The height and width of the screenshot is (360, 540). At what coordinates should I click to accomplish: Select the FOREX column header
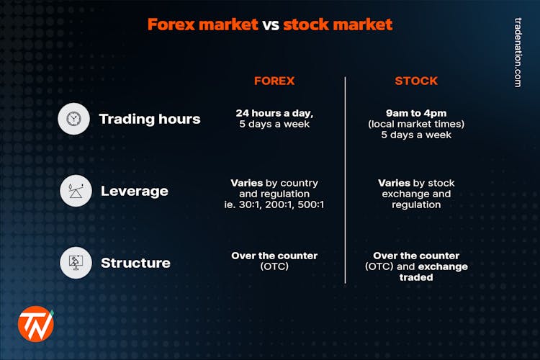(x=274, y=81)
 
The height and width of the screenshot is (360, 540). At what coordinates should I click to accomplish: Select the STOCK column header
(x=416, y=81)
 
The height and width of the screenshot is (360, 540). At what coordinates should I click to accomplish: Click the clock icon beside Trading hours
(x=74, y=119)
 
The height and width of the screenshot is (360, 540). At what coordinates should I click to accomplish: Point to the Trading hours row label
(x=150, y=119)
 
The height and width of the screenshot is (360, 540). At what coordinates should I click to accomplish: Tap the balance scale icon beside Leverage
(x=74, y=191)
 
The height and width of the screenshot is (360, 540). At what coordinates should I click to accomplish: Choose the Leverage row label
(x=134, y=191)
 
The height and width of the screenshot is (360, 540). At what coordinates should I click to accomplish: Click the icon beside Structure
(x=74, y=263)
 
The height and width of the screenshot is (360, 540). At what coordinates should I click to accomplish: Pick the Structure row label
(x=135, y=263)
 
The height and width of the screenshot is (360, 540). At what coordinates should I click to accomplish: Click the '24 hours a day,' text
(x=274, y=113)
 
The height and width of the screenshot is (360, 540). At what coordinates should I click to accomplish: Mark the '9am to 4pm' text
(x=416, y=113)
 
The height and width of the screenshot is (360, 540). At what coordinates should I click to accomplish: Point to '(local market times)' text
(x=416, y=124)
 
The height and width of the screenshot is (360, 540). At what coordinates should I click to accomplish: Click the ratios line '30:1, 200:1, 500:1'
(x=284, y=204)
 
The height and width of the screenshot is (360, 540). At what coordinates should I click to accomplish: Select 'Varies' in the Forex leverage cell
(x=246, y=183)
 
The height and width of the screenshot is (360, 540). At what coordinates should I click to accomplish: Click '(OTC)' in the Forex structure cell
(x=274, y=266)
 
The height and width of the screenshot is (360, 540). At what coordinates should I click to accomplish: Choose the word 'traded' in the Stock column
(x=416, y=277)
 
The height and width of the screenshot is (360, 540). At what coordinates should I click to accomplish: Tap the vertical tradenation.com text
(x=517, y=53)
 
